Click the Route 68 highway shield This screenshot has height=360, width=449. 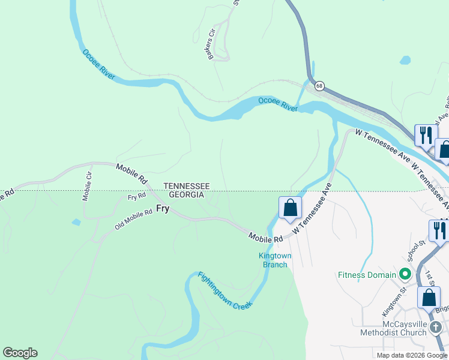319,86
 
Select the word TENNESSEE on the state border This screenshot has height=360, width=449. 187,187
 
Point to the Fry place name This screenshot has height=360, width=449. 163,209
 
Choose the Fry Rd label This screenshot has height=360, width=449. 137,196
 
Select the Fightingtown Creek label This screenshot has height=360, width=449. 225,290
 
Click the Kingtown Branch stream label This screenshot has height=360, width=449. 275,260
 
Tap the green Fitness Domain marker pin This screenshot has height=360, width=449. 405,275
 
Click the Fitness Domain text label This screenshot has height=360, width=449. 366,275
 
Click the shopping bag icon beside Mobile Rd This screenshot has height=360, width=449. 290,208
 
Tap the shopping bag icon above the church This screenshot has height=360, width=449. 430,297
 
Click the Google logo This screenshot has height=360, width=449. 20,353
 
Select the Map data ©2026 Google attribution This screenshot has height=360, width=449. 411,355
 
